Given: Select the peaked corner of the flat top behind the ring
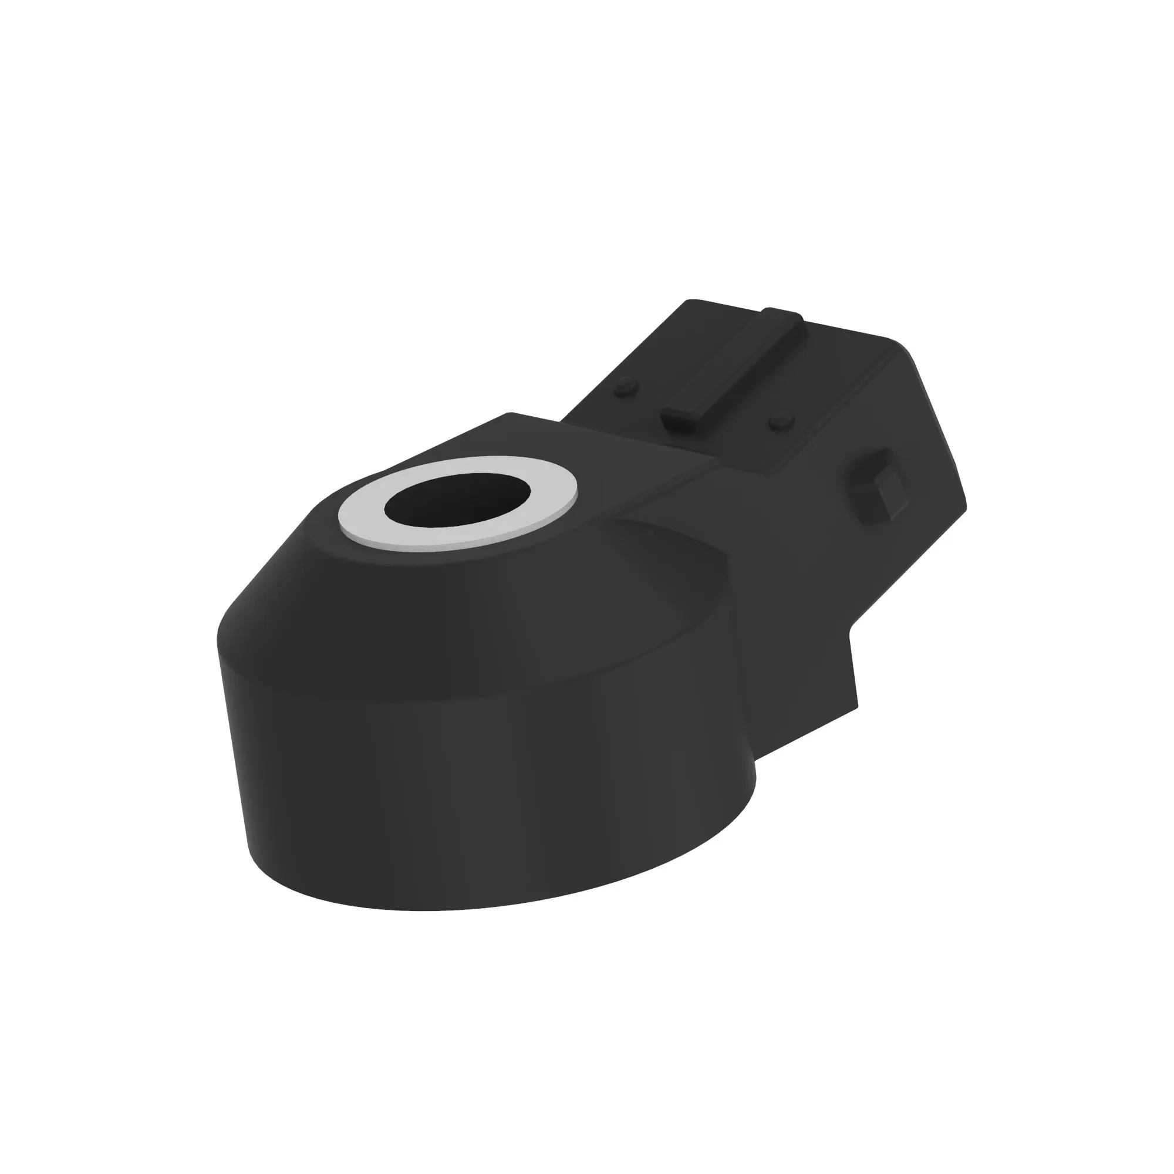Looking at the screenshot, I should (509, 414).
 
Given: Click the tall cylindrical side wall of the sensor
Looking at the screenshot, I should (486, 790).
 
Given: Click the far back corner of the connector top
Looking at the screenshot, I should (690, 301).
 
